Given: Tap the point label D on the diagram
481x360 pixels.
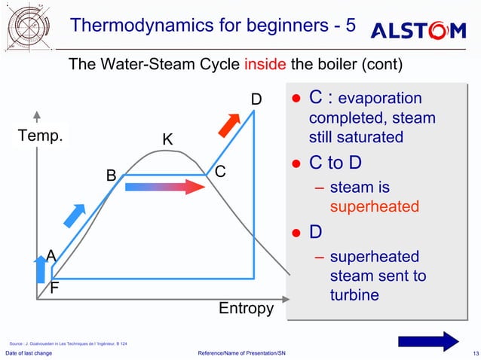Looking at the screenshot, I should click(x=256, y=99).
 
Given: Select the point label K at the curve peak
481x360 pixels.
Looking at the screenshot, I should click(x=167, y=140).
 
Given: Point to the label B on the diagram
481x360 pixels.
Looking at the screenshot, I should click(x=111, y=175).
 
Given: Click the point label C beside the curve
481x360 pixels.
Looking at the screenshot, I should click(x=220, y=172).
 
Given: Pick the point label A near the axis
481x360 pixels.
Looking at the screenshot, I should click(x=51, y=255).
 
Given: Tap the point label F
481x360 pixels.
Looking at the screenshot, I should click(x=54, y=288).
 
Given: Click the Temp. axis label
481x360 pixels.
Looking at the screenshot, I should click(x=41, y=137).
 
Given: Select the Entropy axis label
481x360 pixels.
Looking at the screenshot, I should click(x=246, y=309).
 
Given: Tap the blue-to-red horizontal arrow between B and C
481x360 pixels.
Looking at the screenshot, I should click(x=164, y=187).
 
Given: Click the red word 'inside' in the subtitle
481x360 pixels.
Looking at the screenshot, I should click(x=265, y=64).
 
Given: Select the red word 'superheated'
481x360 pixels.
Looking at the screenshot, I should click(x=375, y=206).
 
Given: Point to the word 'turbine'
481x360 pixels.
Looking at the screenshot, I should click(x=354, y=295).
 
